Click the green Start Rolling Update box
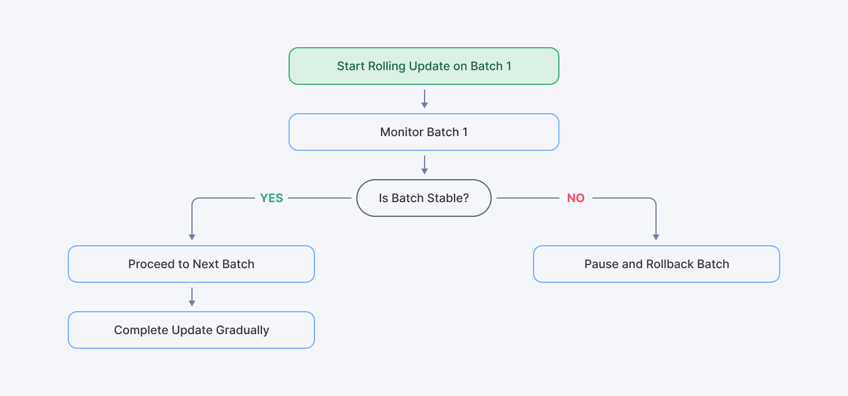(x=423, y=66)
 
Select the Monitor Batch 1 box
(x=423, y=132)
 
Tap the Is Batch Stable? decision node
(x=423, y=198)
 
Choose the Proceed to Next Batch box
(x=191, y=264)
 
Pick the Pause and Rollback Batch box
(x=656, y=264)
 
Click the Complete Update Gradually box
(x=191, y=330)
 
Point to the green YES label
(x=271, y=199)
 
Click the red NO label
(x=575, y=199)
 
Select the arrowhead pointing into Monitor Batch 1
(x=424, y=105)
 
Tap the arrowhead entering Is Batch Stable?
(x=424, y=171)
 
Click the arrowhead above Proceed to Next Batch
(x=191, y=237)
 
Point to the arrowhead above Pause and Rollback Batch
(x=656, y=237)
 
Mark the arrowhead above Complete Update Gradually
(x=191, y=303)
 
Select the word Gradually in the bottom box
(x=243, y=330)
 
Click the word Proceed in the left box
(x=151, y=264)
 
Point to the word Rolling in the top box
(x=387, y=66)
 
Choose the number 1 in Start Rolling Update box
(x=508, y=66)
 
